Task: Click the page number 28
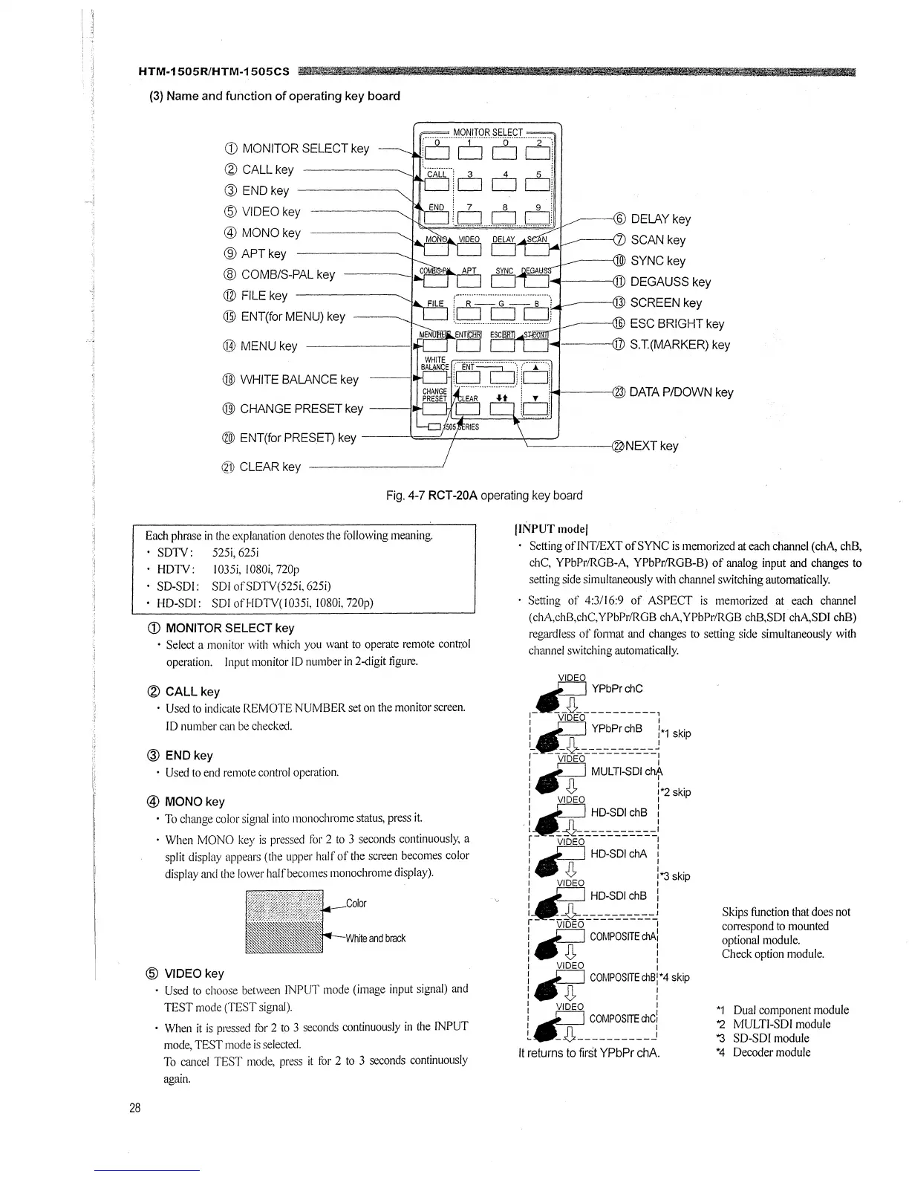click(x=134, y=1108)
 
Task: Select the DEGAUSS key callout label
click(x=670, y=282)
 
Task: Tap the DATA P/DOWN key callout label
click(x=680, y=392)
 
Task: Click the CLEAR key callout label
click(x=270, y=467)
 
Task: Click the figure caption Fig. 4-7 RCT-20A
click(x=484, y=495)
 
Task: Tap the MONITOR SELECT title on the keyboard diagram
click(x=487, y=132)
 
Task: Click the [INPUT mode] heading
click(x=551, y=529)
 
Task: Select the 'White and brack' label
click(x=376, y=938)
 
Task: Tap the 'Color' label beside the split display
click(x=356, y=904)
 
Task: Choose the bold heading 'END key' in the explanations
click(x=189, y=756)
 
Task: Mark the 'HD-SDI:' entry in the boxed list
click(x=172, y=602)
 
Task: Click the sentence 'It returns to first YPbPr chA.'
click(x=587, y=1053)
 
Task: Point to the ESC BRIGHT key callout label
click(x=677, y=324)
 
